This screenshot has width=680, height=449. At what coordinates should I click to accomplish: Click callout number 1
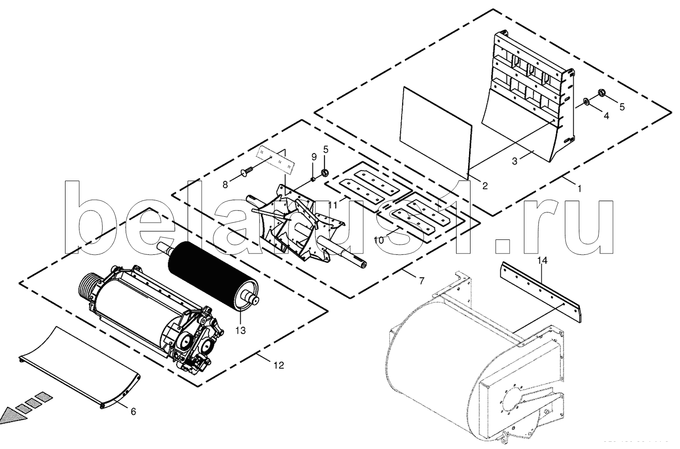pos(579,189)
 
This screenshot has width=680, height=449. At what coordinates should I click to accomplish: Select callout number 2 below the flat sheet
pos(484,185)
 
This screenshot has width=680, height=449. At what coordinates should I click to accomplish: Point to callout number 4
pos(606,116)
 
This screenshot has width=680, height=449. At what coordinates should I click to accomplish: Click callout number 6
pos(133,411)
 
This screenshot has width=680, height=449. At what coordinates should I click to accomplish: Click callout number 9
pos(314,157)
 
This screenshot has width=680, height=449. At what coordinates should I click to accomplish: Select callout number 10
pos(379,239)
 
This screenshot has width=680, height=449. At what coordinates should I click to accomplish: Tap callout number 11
pos(333,204)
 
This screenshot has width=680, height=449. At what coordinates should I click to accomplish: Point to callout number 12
pos(279,365)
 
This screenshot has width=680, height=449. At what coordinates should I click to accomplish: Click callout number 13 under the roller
pos(240,330)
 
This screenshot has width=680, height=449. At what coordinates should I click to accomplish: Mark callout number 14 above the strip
pos(542,261)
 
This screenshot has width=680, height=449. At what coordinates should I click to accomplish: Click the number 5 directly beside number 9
pos(326,149)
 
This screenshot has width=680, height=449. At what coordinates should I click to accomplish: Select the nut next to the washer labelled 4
pos(601,92)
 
